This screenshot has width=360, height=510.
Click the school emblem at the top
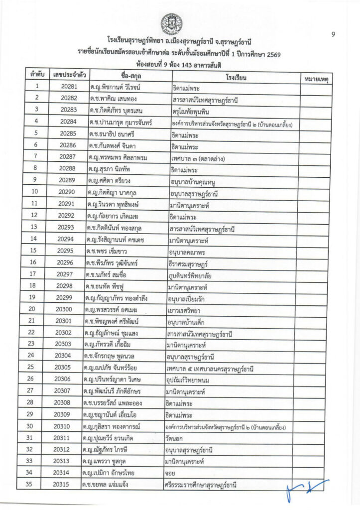click(x=171, y=22)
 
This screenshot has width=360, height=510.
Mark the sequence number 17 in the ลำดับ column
click(x=36, y=274)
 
